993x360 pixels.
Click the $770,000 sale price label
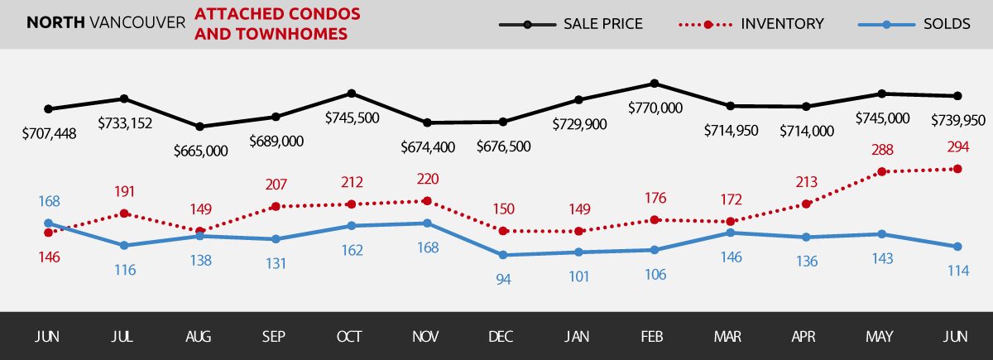click(655, 108)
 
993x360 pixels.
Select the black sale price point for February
click(655, 83)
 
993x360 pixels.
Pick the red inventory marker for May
click(882, 172)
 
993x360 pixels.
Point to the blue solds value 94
click(503, 279)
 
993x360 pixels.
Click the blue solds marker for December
click(503, 255)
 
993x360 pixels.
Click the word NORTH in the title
click(54, 23)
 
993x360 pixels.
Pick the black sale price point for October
click(352, 93)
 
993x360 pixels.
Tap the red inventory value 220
click(427, 179)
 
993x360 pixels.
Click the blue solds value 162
click(352, 249)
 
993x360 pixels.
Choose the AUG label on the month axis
click(199, 336)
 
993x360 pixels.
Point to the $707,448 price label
click(49, 132)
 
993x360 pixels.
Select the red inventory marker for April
click(807, 204)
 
